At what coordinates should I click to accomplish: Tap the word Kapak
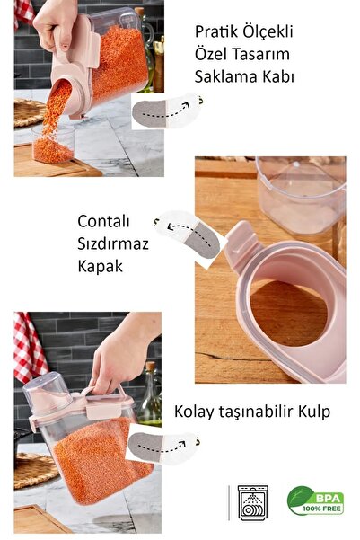click(x=99, y=267)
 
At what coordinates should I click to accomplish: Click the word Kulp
click(x=311, y=412)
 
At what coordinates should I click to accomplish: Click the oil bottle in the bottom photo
click(x=150, y=400)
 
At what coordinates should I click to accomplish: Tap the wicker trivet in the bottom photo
click(x=34, y=468)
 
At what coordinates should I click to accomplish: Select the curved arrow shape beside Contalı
click(x=188, y=235)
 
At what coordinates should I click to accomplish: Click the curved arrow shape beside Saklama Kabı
click(x=166, y=110)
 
